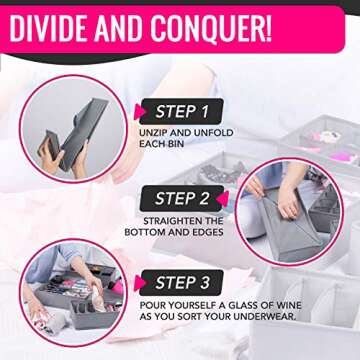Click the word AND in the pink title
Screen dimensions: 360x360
click(124, 27)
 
